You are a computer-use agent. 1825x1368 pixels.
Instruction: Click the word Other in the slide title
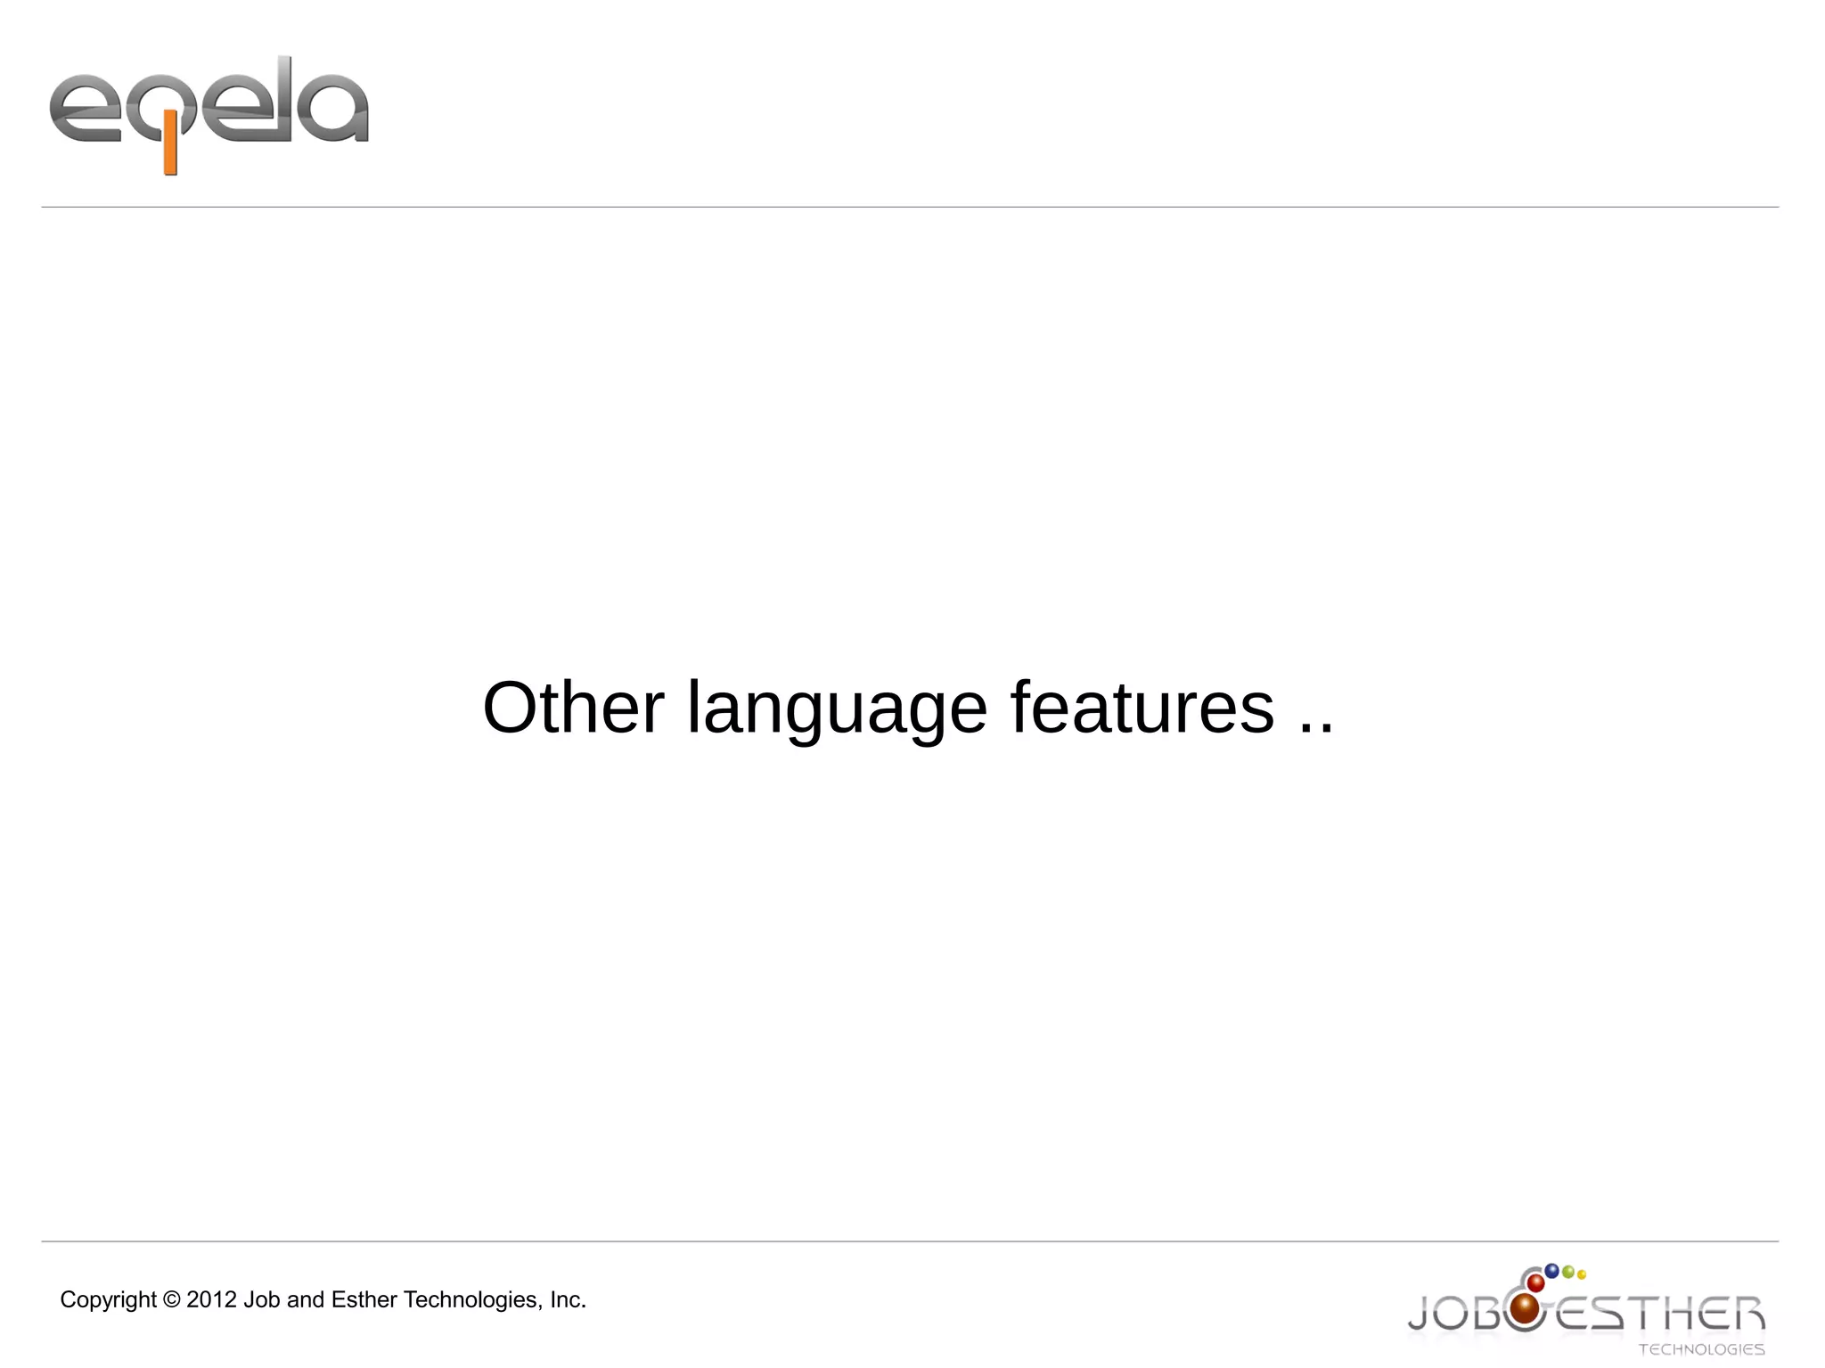coord(573,708)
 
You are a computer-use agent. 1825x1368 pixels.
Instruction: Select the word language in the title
coord(837,709)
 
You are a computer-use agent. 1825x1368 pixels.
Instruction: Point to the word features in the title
coord(1142,708)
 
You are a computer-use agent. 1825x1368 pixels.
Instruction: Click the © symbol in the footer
coord(172,1300)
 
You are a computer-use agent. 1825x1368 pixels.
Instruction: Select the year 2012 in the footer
coord(212,1300)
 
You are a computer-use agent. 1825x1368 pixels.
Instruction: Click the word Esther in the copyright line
coord(364,1300)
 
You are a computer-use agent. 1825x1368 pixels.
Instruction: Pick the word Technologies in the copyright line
coord(472,1300)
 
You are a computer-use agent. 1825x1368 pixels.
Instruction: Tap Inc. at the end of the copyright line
coord(568,1300)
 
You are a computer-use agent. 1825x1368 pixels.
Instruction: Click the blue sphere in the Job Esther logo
coord(1551,1270)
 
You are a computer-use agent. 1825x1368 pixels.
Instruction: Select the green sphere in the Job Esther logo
coord(1567,1272)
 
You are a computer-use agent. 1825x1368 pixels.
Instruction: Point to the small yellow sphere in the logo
coord(1582,1274)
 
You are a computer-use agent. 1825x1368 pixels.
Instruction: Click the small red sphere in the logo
coord(1536,1283)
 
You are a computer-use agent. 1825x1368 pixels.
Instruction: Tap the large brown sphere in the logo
coord(1525,1308)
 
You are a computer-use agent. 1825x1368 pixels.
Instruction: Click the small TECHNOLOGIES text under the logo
coord(1701,1349)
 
